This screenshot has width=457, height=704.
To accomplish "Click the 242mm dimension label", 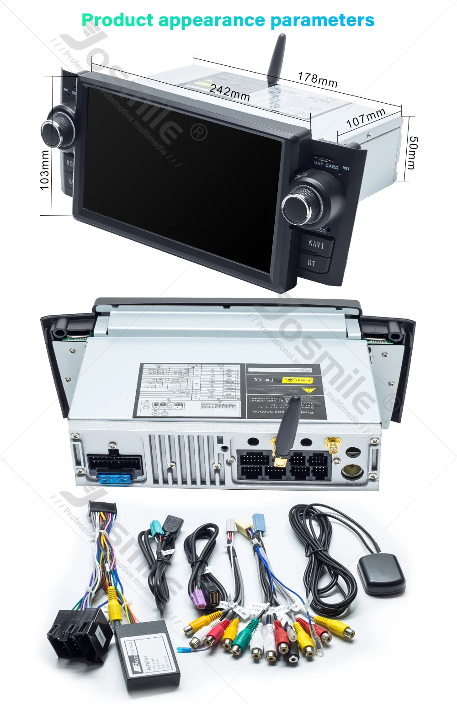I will [x=229, y=92].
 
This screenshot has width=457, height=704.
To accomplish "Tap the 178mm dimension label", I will [x=318, y=79].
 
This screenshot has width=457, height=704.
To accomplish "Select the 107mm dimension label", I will [x=366, y=118].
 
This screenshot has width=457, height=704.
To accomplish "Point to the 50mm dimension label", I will [x=412, y=153].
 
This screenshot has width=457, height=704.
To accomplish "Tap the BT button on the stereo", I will [x=312, y=263].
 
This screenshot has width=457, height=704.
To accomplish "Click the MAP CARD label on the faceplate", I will [x=326, y=165].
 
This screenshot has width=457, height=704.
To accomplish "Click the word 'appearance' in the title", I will [x=211, y=20].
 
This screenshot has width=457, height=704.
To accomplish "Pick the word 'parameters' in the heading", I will [x=322, y=20].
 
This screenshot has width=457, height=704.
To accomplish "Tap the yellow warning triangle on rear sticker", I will [x=307, y=390].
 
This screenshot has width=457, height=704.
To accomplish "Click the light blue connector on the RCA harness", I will [x=259, y=521].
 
